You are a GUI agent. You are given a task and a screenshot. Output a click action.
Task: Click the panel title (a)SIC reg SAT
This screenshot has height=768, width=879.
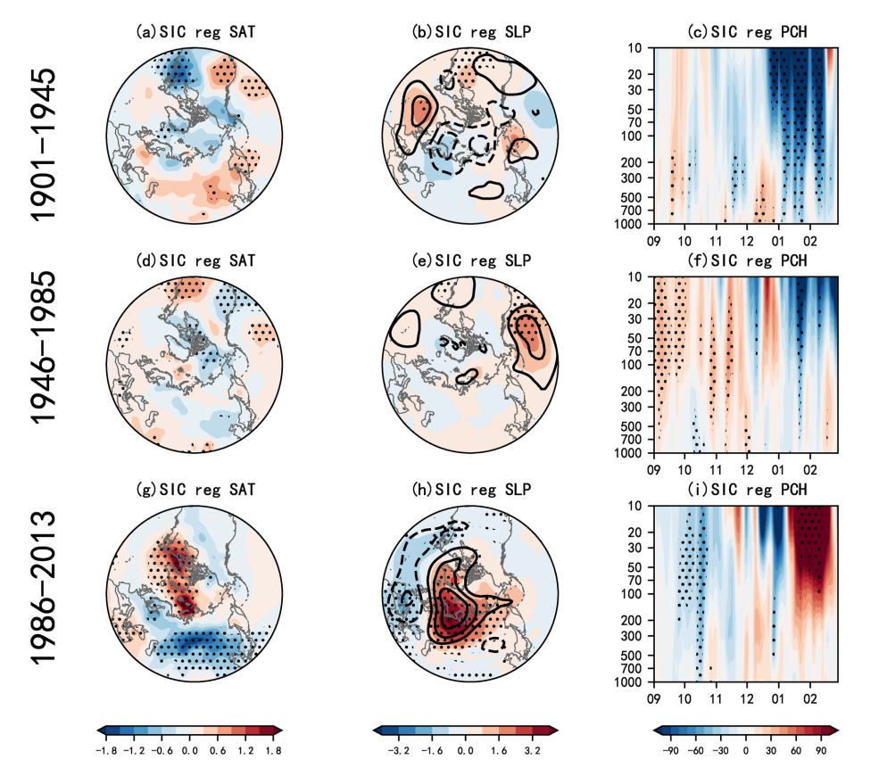(x=195, y=31)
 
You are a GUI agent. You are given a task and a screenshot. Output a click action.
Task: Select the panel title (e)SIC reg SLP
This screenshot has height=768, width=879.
(x=469, y=260)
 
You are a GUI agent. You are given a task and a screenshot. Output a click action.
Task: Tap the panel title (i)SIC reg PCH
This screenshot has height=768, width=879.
(x=744, y=490)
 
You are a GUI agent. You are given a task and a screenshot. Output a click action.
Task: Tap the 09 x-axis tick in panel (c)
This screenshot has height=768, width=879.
(x=653, y=241)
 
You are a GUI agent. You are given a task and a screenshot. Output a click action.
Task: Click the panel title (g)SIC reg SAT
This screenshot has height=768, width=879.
(x=195, y=490)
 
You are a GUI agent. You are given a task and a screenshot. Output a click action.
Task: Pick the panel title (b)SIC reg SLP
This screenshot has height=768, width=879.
(x=469, y=31)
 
